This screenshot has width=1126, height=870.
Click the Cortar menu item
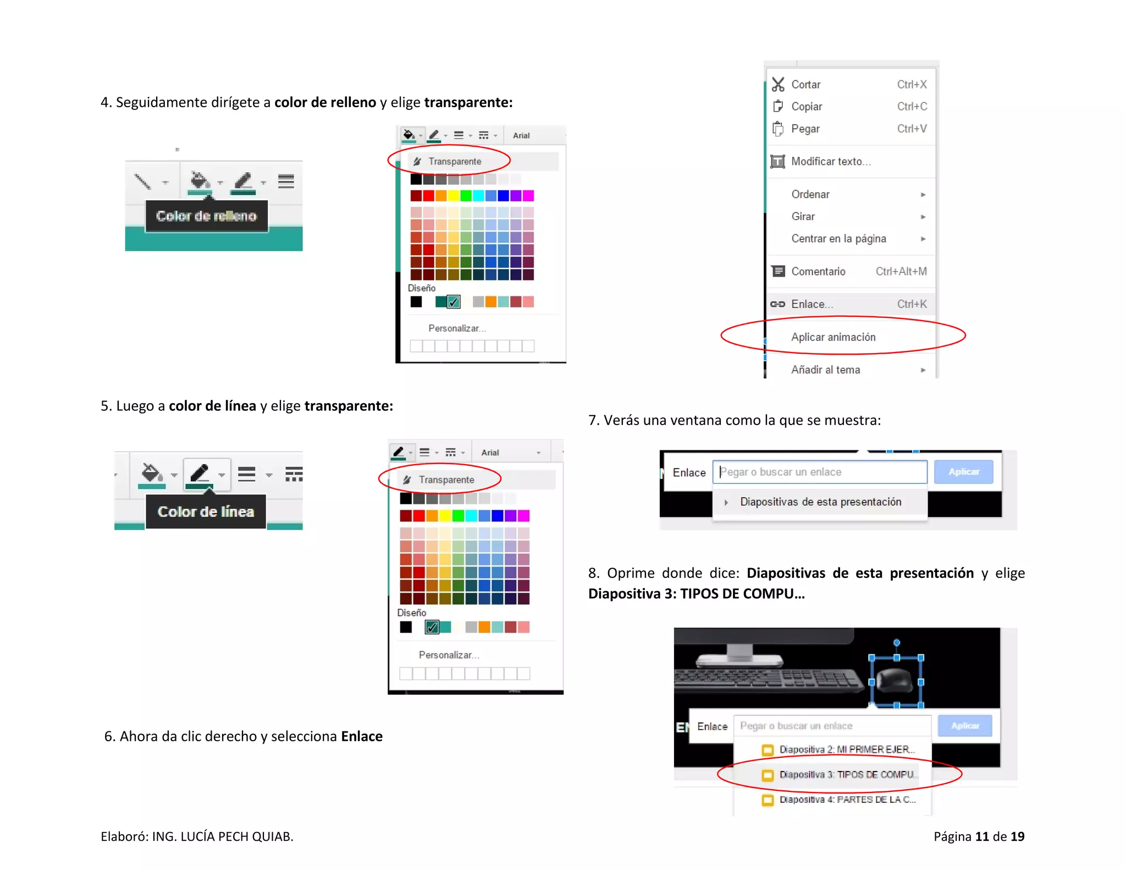coord(805,85)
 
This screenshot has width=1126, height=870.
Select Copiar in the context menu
coord(807,107)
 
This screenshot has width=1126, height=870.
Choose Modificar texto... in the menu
coord(830,162)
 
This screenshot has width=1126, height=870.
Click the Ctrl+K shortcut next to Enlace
coord(912,304)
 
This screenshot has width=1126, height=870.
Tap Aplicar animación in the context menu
coord(833,337)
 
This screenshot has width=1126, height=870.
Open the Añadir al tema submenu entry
coord(825,370)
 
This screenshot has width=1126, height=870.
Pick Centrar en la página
coord(838,239)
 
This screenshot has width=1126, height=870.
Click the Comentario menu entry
coord(818,272)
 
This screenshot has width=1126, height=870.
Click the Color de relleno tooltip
coord(206,216)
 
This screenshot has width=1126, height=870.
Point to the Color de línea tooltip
coord(206,512)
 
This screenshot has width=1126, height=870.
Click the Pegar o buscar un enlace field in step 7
coord(819,472)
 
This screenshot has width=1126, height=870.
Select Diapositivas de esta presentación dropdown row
coord(820,502)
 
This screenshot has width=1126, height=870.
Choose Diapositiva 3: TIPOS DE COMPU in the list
coord(847,775)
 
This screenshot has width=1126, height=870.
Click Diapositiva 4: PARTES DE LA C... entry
coord(847,800)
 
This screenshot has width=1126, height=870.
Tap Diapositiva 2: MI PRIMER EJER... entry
coord(847,750)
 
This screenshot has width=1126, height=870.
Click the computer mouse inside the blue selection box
coord(895,681)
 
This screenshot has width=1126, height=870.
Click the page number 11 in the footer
coord(982,836)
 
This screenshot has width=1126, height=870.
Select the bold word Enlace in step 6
coord(361,736)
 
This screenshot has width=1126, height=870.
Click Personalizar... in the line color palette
coord(449,655)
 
